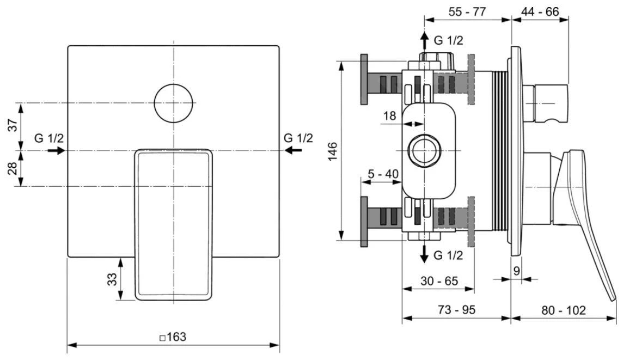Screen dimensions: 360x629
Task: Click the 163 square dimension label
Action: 173,337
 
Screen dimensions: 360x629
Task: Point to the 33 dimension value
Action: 112,280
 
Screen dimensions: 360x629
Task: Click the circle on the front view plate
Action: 174,103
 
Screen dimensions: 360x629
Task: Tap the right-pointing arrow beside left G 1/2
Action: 56,150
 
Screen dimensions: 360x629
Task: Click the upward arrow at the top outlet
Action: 424,40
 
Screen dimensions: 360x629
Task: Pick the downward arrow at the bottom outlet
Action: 424,255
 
